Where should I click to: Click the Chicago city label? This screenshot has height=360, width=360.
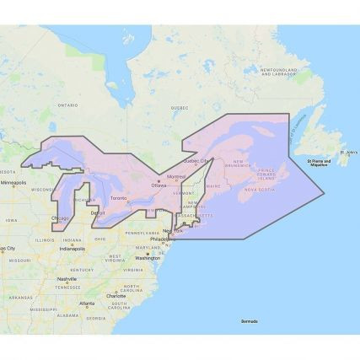[x=60, y=218]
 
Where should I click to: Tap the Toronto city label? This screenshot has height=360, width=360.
[x=119, y=200]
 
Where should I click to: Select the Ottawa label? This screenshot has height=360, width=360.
[x=159, y=185]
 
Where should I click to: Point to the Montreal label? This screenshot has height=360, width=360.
[x=177, y=176]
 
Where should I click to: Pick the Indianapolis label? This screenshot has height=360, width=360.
[x=72, y=249]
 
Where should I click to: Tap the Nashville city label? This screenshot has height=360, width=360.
[x=67, y=278]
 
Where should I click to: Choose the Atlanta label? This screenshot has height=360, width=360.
[x=87, y=304]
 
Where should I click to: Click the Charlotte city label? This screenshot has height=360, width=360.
[x=116, y=296]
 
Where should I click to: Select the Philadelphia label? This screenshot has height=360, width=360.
[x=159, y=239]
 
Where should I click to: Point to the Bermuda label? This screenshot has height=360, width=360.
[x=249, y=321]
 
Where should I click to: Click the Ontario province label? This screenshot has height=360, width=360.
[x=67, y=105]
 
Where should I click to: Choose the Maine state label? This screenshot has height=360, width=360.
[x=212, y=185]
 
